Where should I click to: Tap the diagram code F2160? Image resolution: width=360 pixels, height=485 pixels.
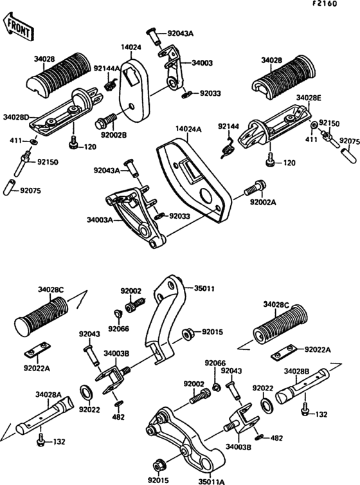click(x=324, y=4)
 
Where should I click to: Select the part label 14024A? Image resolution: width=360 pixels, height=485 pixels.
click(x=188, y=129)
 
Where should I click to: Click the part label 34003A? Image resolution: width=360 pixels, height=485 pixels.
click(x=100, y=220)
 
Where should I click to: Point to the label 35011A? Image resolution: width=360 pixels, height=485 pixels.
click(x=212, y=482)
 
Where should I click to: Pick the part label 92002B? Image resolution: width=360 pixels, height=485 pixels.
click(x=114, y=136)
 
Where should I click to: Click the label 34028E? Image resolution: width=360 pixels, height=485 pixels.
click(x=309, y=98)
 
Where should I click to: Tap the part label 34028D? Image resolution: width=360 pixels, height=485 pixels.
click(x=16, y=117)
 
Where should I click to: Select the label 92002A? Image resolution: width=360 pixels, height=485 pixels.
click(x=263, y=202)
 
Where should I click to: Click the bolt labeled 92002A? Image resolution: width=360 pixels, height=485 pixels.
click(x=255, y=188)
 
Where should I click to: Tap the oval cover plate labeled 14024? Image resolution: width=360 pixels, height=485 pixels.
click(x=135, y=89)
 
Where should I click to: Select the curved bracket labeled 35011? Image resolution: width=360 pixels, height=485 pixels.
click(x=165, y=319)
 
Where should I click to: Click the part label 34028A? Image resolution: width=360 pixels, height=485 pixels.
click(x=48, y=394)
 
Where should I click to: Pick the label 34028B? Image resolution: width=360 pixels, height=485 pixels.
click(x=296, y=371)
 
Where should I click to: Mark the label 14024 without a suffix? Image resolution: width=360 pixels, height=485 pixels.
click(x=131, y=48)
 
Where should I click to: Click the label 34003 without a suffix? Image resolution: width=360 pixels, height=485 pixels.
click(x=202, y=63)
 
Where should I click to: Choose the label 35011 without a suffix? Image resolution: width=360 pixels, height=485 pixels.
click(x=204, y=289)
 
